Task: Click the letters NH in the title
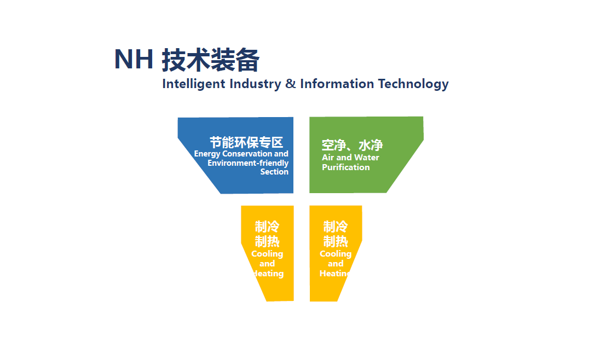click(x=134, y=59)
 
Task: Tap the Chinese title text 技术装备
click(x=210, y=60)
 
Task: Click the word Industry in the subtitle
click(x=255, y=84)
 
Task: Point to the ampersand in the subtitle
click(x=290, y=84)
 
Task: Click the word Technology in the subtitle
click(x=413, y=84)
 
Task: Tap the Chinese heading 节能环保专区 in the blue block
click(x=246, y=142)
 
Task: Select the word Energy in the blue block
click(x=207, y=154)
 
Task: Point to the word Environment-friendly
click(x=248, y=163)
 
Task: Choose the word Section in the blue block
click(x=274, y=172)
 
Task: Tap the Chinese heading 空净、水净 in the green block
click(x=352, y=145)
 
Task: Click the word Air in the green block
click(x=328, y=158)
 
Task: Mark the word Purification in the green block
click(x=346, y=167)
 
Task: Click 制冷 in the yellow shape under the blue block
click(x=267, y=227)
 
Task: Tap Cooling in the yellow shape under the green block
click(x=336, y=254)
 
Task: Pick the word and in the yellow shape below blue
click(x=267, y=264)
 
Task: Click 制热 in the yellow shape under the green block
click(x=335, y=241)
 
